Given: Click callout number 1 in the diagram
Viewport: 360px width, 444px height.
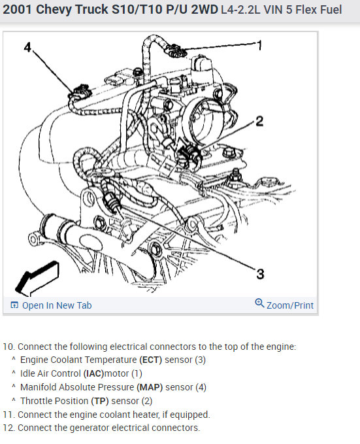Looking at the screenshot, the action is pyautogui.click(x=259, y=46).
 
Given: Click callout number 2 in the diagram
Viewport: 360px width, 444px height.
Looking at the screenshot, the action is pyautogui.click(x=259, y=121).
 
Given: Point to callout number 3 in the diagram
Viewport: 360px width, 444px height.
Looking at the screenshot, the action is pyautogui.click(x=260, y=274).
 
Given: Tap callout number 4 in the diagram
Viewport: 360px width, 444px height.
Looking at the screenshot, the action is pyautogui.click(x=27, y=47).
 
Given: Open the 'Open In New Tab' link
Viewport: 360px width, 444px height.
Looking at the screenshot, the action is pyautogui.click(x=57, y=305).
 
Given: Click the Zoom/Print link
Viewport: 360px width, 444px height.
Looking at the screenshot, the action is pyautogui.click(x=290, y=305).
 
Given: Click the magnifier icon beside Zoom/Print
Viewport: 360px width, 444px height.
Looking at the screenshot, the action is pyautogui.click(x=259, y=303).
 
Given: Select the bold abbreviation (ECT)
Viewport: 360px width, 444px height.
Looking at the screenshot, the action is pyautogui.click(x=150, y=360).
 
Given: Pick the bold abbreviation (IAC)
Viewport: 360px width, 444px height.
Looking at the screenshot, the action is pyautogui.click(x=93, y=373).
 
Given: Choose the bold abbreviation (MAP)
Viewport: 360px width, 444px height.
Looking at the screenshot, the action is pyautogui.click(x=150, y=387).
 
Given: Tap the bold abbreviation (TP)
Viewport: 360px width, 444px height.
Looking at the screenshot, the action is pyautogui.click(x=100, y=401).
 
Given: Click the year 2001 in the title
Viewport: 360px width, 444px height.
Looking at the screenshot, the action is pyautogui.click(x=17, y=9).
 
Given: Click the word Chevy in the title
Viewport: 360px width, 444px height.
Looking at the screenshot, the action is pyautogui.click(x=53, y=10).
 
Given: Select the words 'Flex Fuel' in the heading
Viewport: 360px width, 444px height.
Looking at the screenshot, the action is pyautogui.click(x=319, y=10).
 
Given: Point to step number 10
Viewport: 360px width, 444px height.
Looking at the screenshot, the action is pyautogui.click(x=8, y=347).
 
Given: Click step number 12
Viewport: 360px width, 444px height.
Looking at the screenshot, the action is pyautogui.click(x=8, y=428).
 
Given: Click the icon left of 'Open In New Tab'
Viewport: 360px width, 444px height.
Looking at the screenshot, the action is pyautogui.click(x=14, y=305).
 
